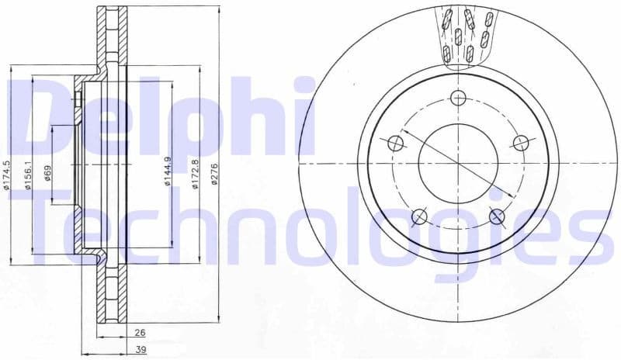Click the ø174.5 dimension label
pyautogui.click(x=6, y=175)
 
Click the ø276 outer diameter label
pyautogui.click(x=215, y=174)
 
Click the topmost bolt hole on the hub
pyautogui.click(x=458, y=98)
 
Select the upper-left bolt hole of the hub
pyautogui.click(x=395, y=143)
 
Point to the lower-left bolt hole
pyautogui.click(x=419, y=216)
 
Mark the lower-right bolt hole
pyautogui.click(x=497, y=216)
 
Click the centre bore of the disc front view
pyautogui.click(x=458, y=164)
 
